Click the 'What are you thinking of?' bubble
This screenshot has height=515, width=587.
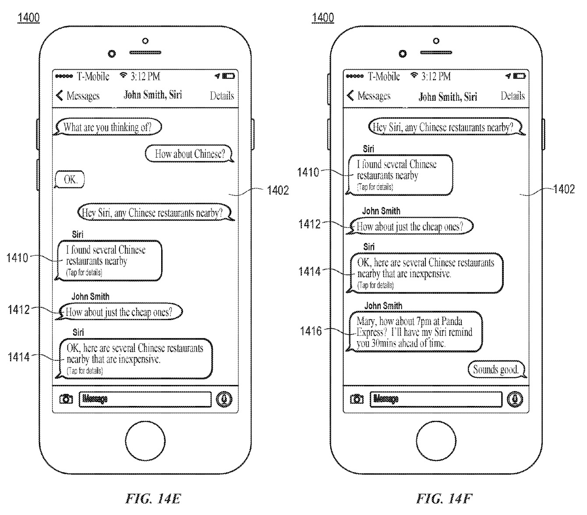pyautogui.click(x=108, y=127)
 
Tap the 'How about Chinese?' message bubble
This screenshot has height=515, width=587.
pyautogui.click(x=189, y=154)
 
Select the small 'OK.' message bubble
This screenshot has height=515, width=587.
pyautogui.click(x=70, y=180)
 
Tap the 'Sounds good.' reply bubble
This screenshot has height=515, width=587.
pyautogui.click(x=496, y=370)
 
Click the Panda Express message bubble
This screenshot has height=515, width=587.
pyautogui.click(x=415, y=332)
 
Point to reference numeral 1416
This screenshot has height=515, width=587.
pyautogui.click(x=311, y=331)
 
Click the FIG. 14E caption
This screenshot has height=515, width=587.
pyautogui.click(x=153, y=498)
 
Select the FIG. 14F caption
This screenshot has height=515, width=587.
pyautogui.click(x=444, y=498)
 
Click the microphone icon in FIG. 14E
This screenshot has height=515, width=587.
pyautogui.click(x=224, y=399)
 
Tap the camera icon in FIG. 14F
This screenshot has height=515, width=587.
pyautogui.click(x=357, y=399)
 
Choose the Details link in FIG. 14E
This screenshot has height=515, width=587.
pyautogui.click(x=222, y=96)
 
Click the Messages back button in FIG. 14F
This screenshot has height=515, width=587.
pyautogui.click(x=369, y=96)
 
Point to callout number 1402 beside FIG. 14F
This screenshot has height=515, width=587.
pyautogui.click(x=564, y=189)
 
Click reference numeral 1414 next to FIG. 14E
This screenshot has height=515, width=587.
pyautogui.click(x=19, y=357)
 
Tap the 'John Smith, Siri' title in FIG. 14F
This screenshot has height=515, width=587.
pyautogui.click(x=448, y=96)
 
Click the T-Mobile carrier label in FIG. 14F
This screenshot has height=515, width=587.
pyautogui.click(x=384, y=77)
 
